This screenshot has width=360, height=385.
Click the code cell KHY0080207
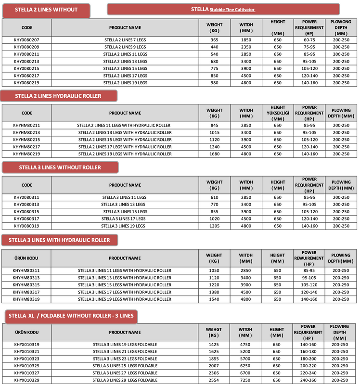tap(26, 40)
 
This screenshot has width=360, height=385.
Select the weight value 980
tap(215, 83)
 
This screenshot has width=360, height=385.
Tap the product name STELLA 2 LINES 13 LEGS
tap(125, 62)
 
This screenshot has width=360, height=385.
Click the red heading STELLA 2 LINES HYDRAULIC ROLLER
tap(58, 96)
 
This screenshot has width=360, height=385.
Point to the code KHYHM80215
tap(26, 140)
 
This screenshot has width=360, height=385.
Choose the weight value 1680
tap(215, 154)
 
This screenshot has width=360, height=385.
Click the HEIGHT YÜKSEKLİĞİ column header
tap(278, 113)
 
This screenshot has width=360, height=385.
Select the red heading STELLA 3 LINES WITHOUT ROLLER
tap(60, 167)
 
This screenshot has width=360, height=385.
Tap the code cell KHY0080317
tap(26, 218)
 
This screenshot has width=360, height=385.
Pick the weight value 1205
tap(215, 226)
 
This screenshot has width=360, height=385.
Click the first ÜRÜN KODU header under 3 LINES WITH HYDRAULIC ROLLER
tap(26, 258)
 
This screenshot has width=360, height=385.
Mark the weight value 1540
tap(215, 299)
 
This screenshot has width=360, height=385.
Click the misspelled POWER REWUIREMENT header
tap(309, 258)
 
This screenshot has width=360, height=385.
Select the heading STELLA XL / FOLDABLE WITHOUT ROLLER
tap(71, 316)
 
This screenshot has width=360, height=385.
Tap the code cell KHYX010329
tap(26, 380)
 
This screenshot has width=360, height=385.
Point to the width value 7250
tap(245, 380)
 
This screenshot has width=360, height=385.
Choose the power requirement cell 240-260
tap(309, 380)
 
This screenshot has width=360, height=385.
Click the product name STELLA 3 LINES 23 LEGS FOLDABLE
tap(125, 359)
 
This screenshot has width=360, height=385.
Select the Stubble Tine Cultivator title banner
tap(223, 9)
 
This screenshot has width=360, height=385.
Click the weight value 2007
tap(215, 366)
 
